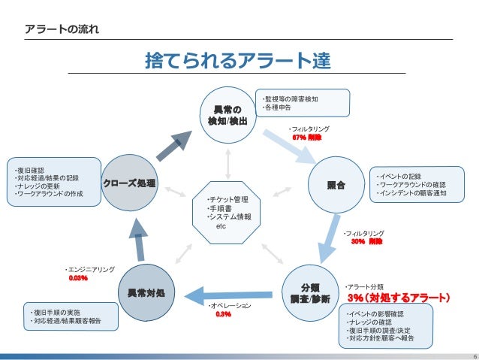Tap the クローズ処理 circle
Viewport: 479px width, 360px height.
point(130,183)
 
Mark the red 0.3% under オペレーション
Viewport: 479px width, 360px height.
point(223,315)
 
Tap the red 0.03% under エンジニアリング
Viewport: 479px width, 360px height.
point(78,278)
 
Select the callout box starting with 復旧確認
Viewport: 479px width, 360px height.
point(54,182)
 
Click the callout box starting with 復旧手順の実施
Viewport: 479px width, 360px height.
point(71,316)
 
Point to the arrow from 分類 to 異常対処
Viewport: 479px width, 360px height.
point(228,294)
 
